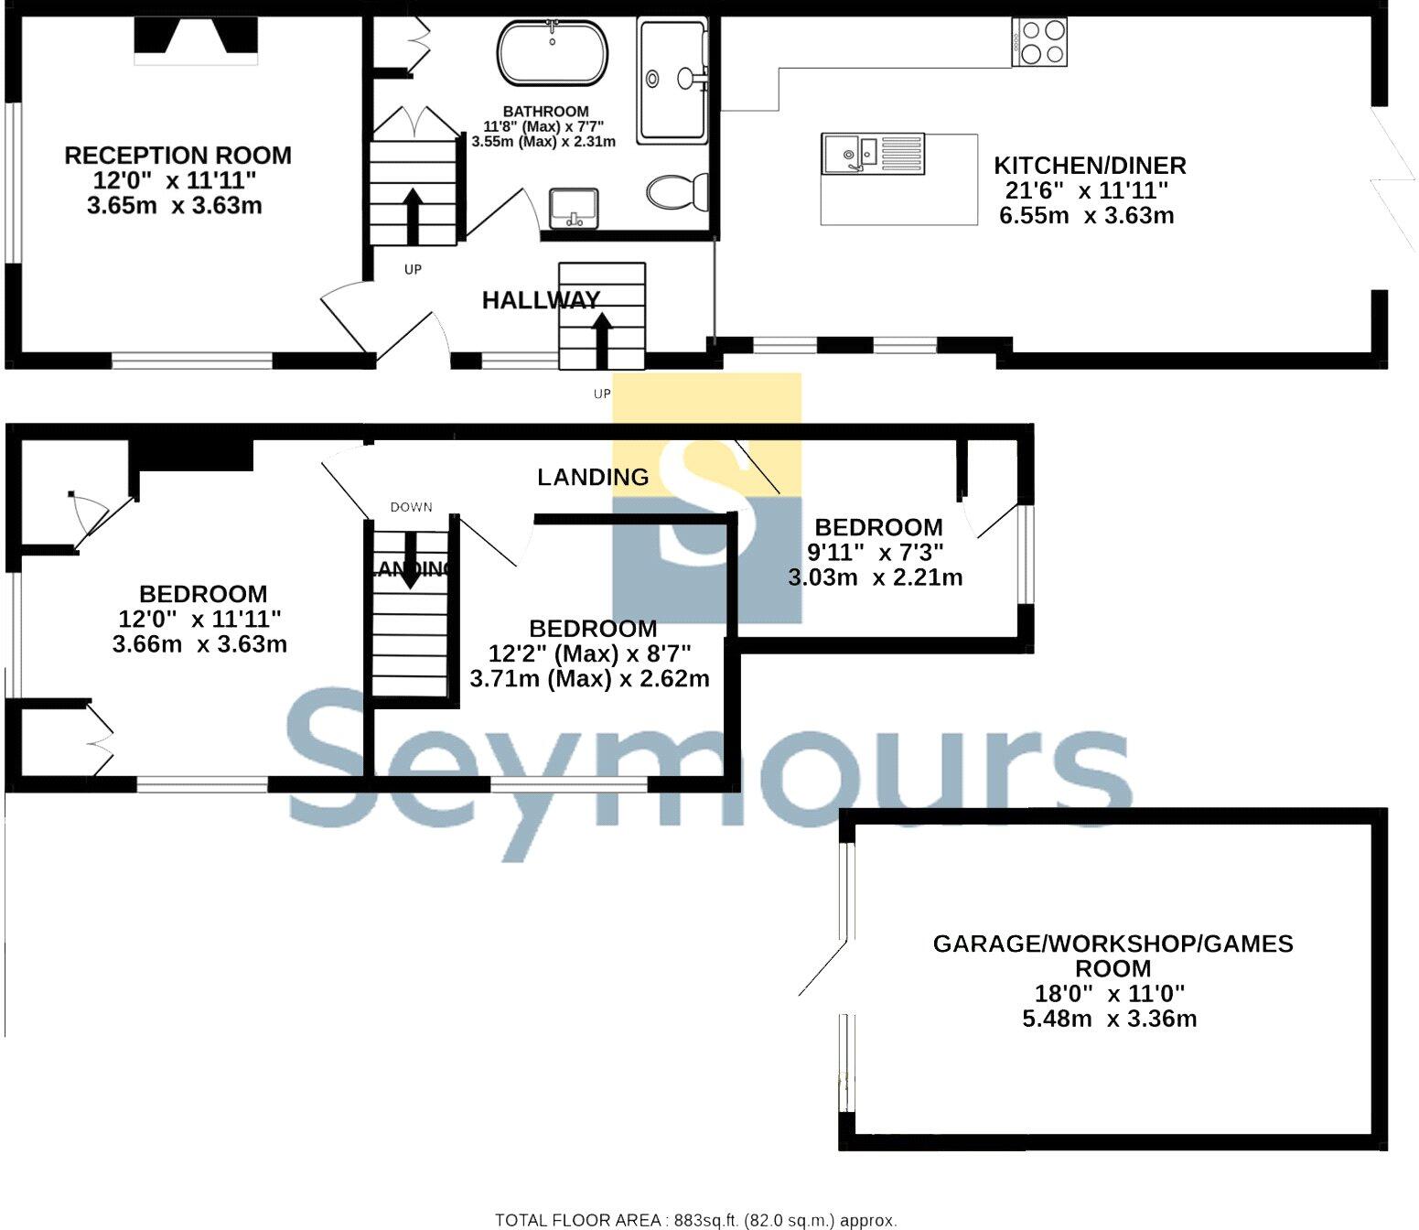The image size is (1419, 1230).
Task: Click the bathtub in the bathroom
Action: [552, 53]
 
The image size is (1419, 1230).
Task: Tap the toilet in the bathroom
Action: [676, 192]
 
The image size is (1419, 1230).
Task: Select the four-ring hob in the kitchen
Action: [1040, 43]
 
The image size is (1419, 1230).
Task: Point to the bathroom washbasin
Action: [574, 208]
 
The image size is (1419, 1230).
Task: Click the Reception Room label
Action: [177, 156]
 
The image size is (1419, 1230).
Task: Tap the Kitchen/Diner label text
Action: [1090, 166]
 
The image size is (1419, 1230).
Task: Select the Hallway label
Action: [541, 299]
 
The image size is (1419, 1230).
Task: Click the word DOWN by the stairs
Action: [411, 507]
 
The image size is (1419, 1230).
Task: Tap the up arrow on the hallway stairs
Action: [601, 333]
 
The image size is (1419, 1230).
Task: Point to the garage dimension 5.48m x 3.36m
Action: [1109, 1019]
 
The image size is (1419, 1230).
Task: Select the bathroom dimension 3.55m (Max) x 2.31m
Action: [543, 142]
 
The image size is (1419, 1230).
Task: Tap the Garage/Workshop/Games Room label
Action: [1113, 955]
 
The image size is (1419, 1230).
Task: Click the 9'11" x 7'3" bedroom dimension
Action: [875, 552]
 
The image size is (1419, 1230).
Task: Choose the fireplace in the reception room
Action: [196, 39]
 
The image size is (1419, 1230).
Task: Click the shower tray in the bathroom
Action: [672, 81]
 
